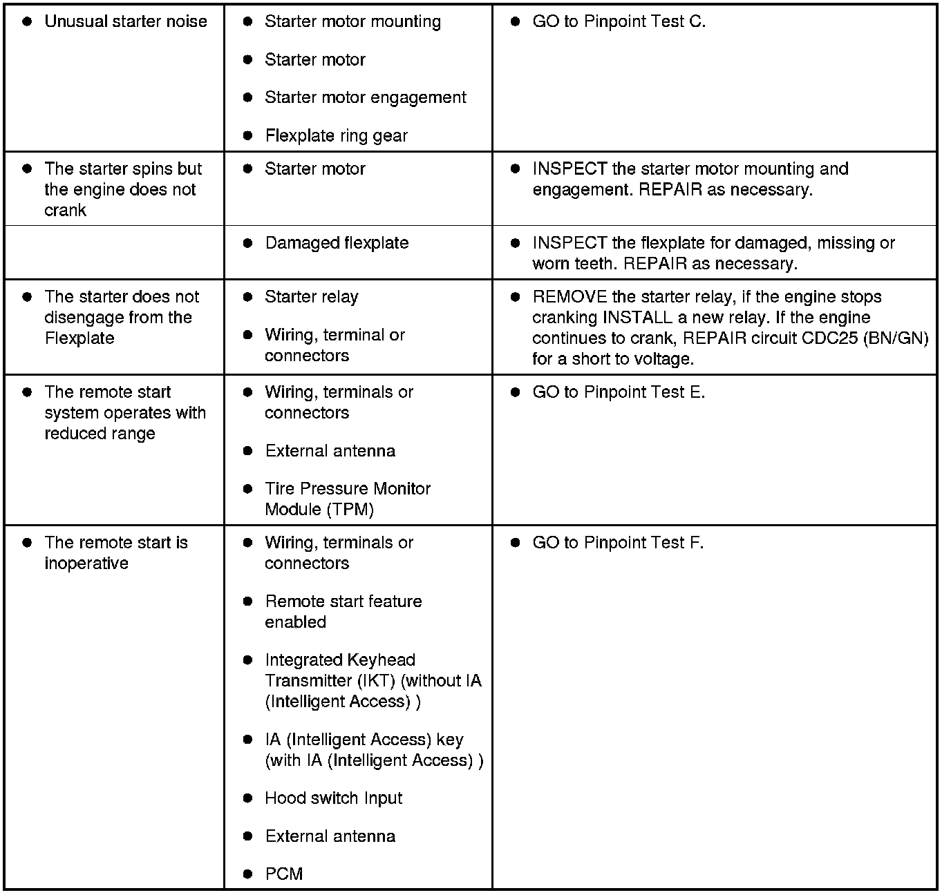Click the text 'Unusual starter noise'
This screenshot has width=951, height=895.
point(125,21)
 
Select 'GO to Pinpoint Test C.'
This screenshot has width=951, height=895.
point(619,21)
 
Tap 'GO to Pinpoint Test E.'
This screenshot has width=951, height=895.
point(619,392)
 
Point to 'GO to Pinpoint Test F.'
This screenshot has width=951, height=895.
point(618,543)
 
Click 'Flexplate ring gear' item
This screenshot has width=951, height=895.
point(336,136)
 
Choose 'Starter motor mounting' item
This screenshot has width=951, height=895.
point(352,21)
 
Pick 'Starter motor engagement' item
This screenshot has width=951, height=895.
point(365,97)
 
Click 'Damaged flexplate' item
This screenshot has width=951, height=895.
point(337,243)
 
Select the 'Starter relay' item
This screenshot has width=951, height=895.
point(311,297)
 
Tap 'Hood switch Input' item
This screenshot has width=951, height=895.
point(333,798)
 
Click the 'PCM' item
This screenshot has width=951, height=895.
point(283,874)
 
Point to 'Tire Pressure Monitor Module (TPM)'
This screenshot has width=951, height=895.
point(347,499)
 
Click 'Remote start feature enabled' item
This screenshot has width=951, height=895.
point(343,612)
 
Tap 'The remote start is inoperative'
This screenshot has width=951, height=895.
point(115,553)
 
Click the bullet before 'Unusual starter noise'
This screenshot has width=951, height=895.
point(27,21)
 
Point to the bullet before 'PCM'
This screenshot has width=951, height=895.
point(248,874)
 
